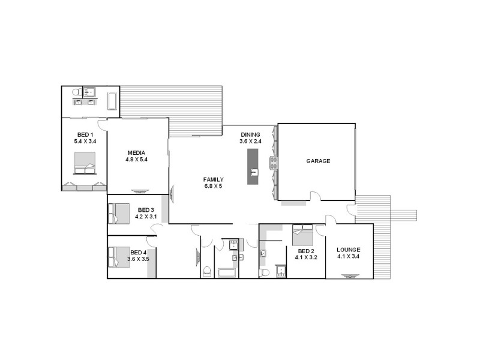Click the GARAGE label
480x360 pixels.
[x=318, y=161]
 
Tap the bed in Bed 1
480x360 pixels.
[x=85, y=163]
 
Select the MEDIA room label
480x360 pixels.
[x=136, y=152]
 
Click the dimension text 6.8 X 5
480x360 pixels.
[x=213, y=187]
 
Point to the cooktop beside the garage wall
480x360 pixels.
[x=274, y=163]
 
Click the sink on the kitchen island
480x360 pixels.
[x=253, y=173]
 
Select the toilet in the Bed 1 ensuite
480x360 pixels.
[x=76, y=92]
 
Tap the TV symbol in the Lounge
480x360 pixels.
[x=349, y=276]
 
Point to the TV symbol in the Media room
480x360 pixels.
[x=140, y=191]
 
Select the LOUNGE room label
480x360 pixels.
[x=349, y=250]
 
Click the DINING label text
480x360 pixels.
[x=251, y=134]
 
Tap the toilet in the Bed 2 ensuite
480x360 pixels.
[x=264, y=273]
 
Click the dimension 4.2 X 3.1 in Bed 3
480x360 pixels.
[x=146, y=216]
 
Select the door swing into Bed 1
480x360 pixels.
[x=103, y=124]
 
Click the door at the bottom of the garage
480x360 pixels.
[x=314, y=196]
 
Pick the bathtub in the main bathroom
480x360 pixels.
[x=227, y=274]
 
